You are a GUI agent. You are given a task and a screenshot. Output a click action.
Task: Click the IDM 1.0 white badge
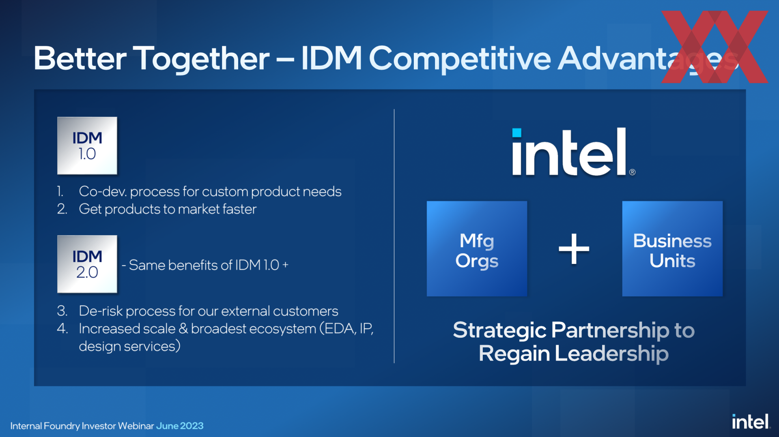pos(87,146)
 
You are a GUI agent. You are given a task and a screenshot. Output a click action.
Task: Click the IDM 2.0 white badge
pos(87,264)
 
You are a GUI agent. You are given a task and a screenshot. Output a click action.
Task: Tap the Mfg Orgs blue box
pos(477,249)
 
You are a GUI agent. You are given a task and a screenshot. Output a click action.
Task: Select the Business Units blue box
pos(672,249)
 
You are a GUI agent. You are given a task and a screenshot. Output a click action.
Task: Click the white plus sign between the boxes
pos(574,249)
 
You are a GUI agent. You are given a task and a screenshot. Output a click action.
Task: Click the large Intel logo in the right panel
pos(573,152)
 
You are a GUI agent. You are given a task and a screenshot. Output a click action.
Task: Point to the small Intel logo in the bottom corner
pos(751,422)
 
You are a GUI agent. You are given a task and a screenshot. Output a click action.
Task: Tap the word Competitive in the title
pos(460,58)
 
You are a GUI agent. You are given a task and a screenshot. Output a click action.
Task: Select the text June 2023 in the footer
pos(180,426)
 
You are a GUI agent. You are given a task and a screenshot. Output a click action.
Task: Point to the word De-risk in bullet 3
pos(101,311)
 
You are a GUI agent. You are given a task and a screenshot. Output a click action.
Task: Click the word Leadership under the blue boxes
pos(611,354)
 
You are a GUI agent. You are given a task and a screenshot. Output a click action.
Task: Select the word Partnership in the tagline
pos(610,331)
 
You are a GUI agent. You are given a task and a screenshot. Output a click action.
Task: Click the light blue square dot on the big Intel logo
pos(516,133)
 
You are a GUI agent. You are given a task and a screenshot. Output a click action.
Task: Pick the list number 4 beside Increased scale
pos(62,328)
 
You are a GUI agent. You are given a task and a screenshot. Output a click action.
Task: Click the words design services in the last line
pos(129,346)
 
